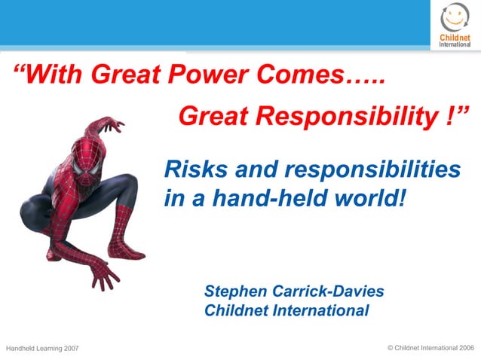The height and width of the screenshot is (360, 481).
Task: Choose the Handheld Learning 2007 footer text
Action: pos(42,348)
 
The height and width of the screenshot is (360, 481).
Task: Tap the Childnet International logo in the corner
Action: pos(455,25)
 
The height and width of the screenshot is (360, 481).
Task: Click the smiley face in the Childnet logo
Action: pos(455,17)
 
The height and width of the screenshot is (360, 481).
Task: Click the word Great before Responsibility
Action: pos(213,116)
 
